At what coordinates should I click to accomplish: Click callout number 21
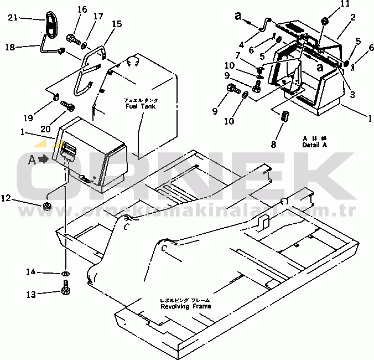tap(13, 18)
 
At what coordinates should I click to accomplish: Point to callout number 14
tap(32, 272)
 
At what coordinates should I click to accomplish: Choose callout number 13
tap(32, 294)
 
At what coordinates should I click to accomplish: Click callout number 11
tap(329, 4)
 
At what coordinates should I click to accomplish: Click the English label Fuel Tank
tap(140, 106)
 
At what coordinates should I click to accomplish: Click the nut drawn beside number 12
tap(48, 207)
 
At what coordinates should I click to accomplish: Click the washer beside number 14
tap(65, 273)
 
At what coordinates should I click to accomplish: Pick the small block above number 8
tap(285, 117)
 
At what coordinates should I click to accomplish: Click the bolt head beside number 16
tap(72, 38)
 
